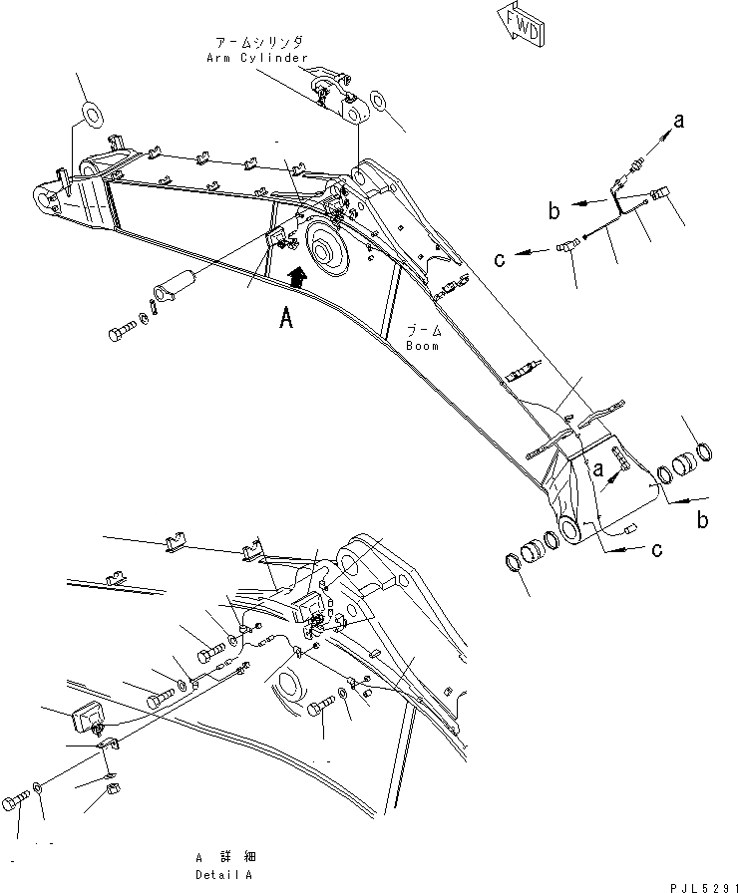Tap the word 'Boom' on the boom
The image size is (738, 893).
[x=422, y=346]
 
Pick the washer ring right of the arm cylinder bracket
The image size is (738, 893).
[x=380, y=102]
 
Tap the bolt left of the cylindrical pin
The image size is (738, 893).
[x=122, y=330]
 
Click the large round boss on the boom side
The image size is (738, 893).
[x=328, y=248]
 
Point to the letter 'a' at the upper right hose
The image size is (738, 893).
[x=678, y=122]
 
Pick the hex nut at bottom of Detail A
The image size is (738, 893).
[x=113, y=793]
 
